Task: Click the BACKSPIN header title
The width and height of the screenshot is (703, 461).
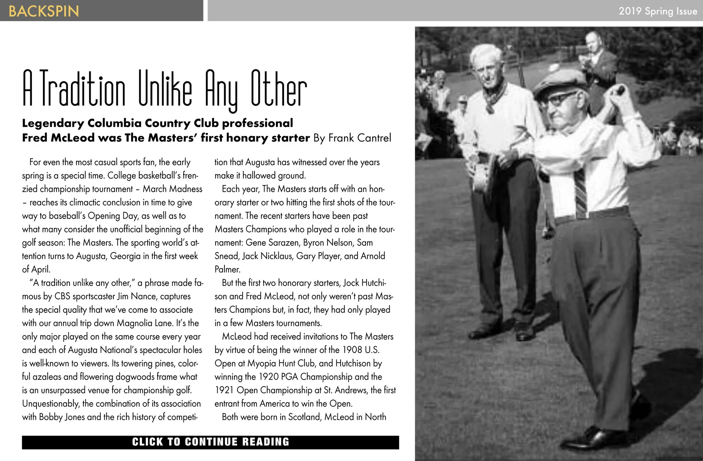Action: tap(43, 11)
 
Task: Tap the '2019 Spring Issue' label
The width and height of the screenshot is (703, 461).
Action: tap(658, 11)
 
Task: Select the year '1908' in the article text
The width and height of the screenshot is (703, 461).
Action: tap(352, 350)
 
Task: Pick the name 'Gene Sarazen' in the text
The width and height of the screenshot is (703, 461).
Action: tap(272, 243)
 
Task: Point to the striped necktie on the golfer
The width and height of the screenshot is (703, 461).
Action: tap(581, 192)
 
